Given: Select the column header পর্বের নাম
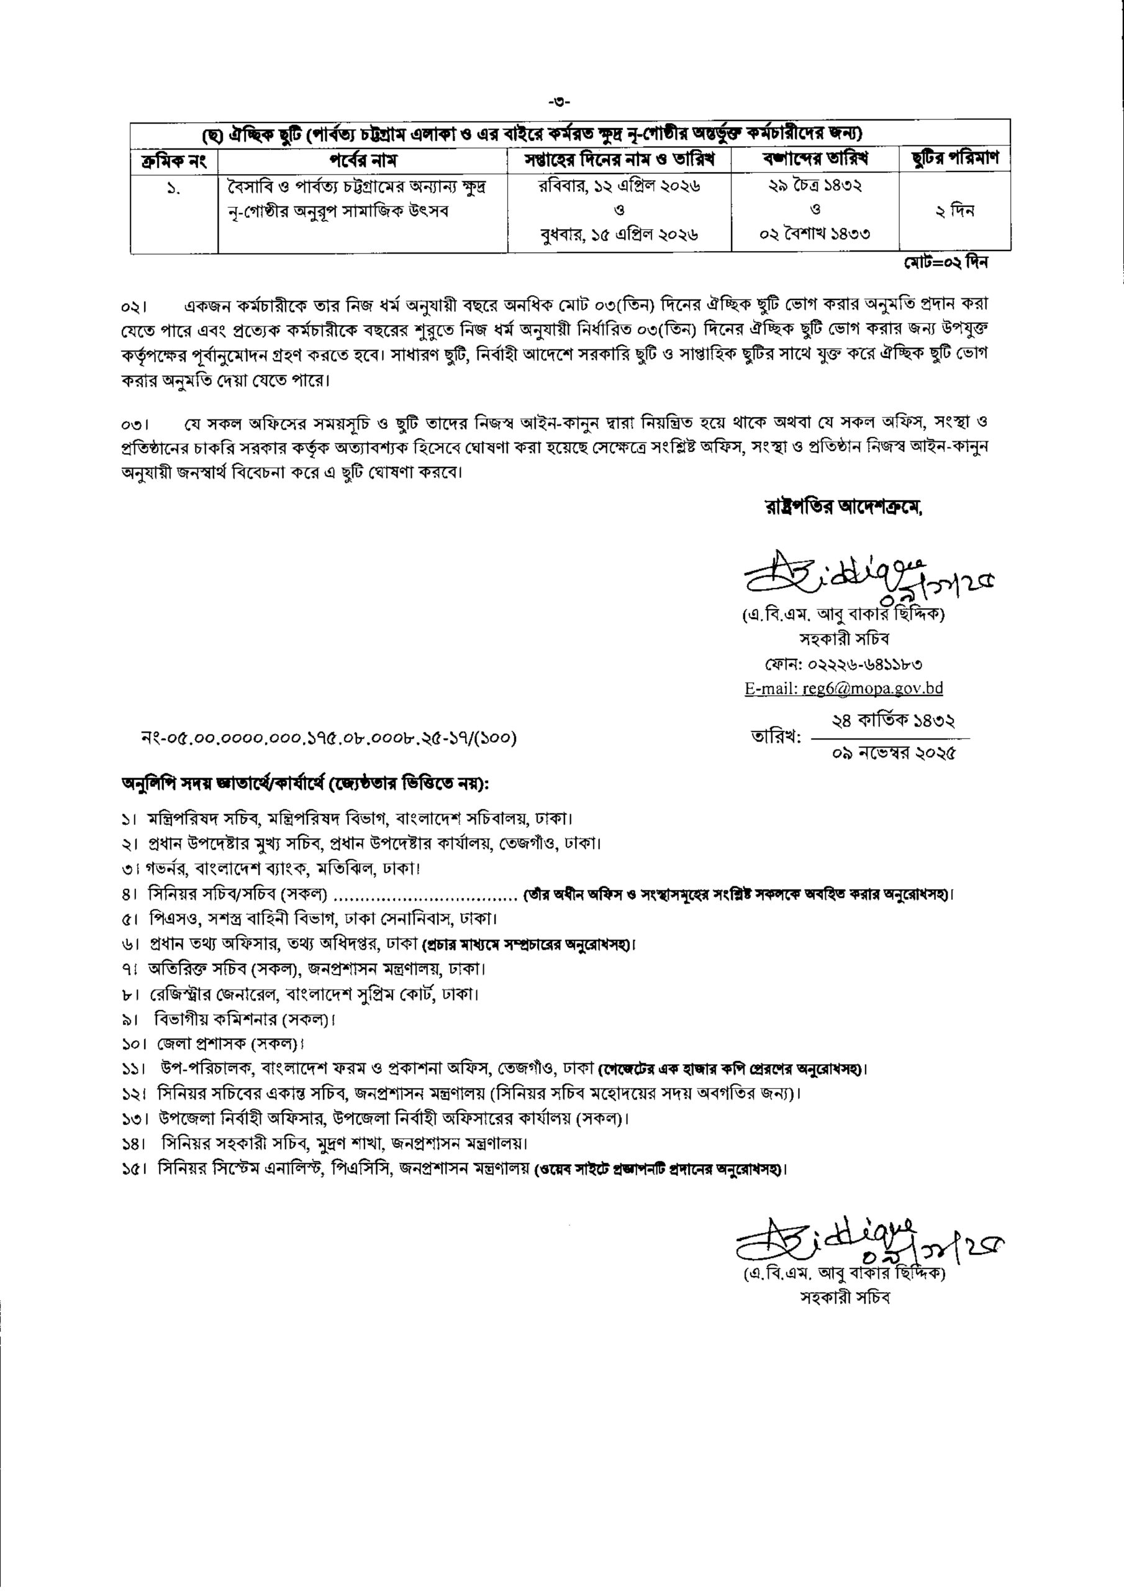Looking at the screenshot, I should (x=363, y=161).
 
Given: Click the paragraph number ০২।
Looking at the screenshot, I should (x=131, y=306).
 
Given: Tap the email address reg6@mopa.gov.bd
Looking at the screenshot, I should (x=843, y=688).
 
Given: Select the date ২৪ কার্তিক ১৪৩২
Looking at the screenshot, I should (x=894, y=722).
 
